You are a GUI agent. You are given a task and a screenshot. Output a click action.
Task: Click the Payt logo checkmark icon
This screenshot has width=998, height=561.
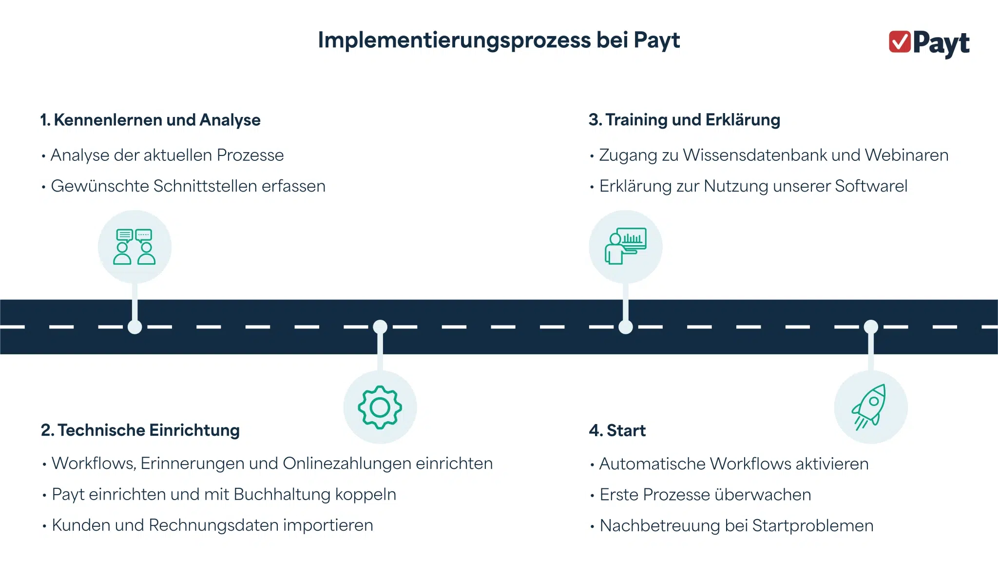[900, 41]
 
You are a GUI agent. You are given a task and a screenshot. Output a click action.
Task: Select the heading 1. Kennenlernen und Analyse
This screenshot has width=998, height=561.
[151, 120]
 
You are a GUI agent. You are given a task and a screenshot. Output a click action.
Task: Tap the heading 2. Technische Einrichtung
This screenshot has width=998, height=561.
[140, 430]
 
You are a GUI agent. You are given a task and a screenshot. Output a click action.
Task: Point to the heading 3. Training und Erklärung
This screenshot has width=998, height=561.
[684, 120]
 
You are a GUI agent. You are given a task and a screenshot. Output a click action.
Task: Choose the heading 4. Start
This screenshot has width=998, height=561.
[617, 431]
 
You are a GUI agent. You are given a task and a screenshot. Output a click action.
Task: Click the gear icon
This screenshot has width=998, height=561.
[380, 407]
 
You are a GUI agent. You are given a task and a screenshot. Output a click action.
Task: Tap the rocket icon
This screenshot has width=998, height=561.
[870, 407]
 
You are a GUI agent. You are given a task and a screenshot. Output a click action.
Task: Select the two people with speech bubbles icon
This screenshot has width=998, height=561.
[134, 247]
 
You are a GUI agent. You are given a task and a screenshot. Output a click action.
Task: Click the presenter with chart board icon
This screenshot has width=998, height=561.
[626, 246]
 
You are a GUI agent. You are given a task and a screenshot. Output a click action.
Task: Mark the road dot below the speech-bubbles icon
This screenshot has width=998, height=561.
[134, 327]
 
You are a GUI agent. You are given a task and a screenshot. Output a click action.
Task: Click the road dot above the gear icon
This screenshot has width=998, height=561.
[380, 327]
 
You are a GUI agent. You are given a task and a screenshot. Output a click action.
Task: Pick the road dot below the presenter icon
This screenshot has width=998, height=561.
[626, 327]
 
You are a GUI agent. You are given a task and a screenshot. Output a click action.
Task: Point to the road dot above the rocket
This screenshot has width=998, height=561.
[871, 327]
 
